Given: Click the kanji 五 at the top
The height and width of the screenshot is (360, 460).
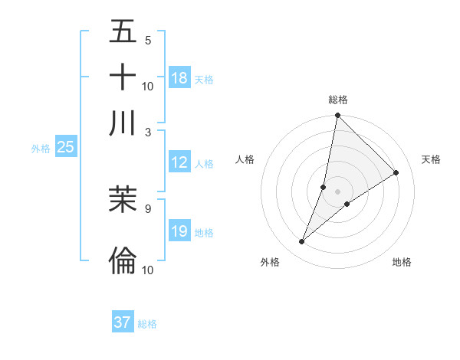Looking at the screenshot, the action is pos(123,33).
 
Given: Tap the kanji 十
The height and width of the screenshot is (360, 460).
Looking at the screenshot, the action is pos(123,77).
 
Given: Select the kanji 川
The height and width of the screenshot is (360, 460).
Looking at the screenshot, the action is pos(123,123).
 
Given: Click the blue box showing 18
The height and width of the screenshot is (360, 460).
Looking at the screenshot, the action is pos(179,77).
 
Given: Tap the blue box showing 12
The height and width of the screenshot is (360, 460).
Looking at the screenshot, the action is pos(179,162).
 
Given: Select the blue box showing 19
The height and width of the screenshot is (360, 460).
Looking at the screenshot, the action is pos(179,231).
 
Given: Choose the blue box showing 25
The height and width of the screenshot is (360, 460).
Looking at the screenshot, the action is pos(65,147).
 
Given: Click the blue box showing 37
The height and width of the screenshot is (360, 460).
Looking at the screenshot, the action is pos(123,322).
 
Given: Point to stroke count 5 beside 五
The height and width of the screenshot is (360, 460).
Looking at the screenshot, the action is pos(147,41).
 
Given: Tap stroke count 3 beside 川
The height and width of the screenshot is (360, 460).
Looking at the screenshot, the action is pos(147,131).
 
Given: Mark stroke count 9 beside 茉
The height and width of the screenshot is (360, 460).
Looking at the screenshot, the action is pos(147,207).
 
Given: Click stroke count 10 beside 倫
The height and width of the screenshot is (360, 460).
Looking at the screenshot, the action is pos(148,270).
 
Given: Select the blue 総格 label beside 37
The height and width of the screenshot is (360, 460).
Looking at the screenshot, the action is pos(147,324).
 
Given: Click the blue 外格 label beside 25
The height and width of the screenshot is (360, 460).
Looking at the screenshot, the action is pos(41,149).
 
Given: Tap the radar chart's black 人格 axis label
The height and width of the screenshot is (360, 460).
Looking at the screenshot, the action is pos(245,159).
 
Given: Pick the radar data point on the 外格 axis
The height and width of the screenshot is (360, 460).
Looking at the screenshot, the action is pos(302,242).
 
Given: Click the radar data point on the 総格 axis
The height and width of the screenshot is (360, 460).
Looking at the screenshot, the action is pos(337,116).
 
